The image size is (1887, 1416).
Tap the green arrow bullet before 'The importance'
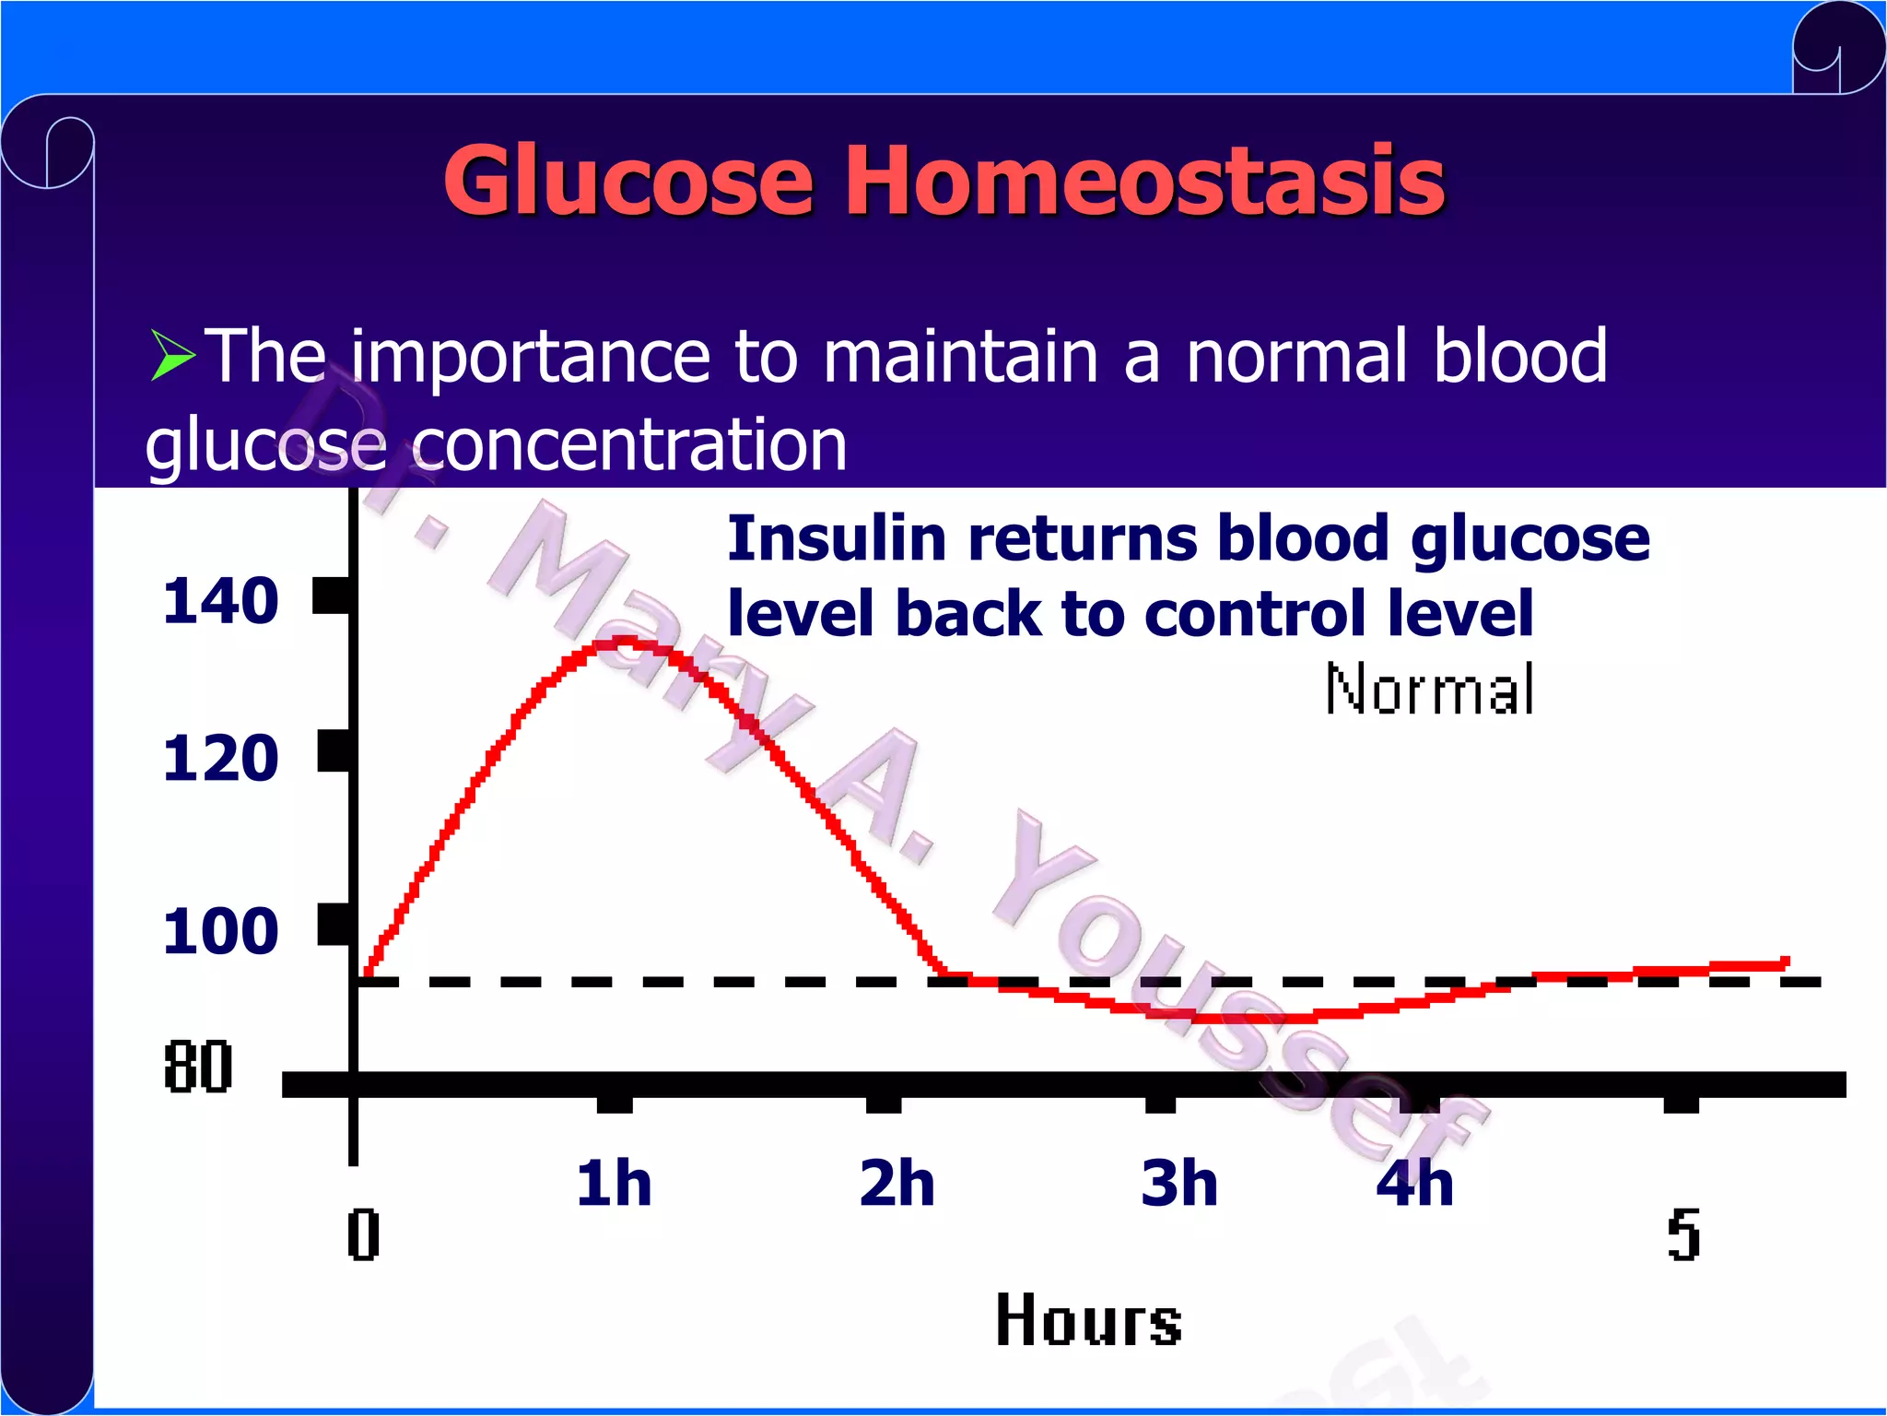(x=172, y=356)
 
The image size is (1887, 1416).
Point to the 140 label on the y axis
(x=220, y=601)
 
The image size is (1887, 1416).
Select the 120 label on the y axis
(x=220, y=759)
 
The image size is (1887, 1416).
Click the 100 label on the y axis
(x=220, y=931)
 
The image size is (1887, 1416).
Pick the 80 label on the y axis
(x=197, y=1068)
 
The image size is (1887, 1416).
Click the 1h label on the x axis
(x=614, y=1184)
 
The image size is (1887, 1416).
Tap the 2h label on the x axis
(x=897, y=1184)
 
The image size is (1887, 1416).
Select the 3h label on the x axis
(x=1178, y=1184)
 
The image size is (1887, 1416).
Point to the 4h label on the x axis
(x=1414, y=1184)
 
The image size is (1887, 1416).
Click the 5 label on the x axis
(x=1683, y=1235)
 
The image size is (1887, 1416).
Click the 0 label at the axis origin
(x=363, y=1235)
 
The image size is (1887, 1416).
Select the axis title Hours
(x=1088, y=1321)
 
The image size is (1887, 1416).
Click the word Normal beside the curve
(x=1429, y=690)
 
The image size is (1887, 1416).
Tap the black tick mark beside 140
(x=332, y=596)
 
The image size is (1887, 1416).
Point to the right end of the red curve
(x=1785, y=962)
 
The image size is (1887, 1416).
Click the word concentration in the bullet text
(x=629, y=445)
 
